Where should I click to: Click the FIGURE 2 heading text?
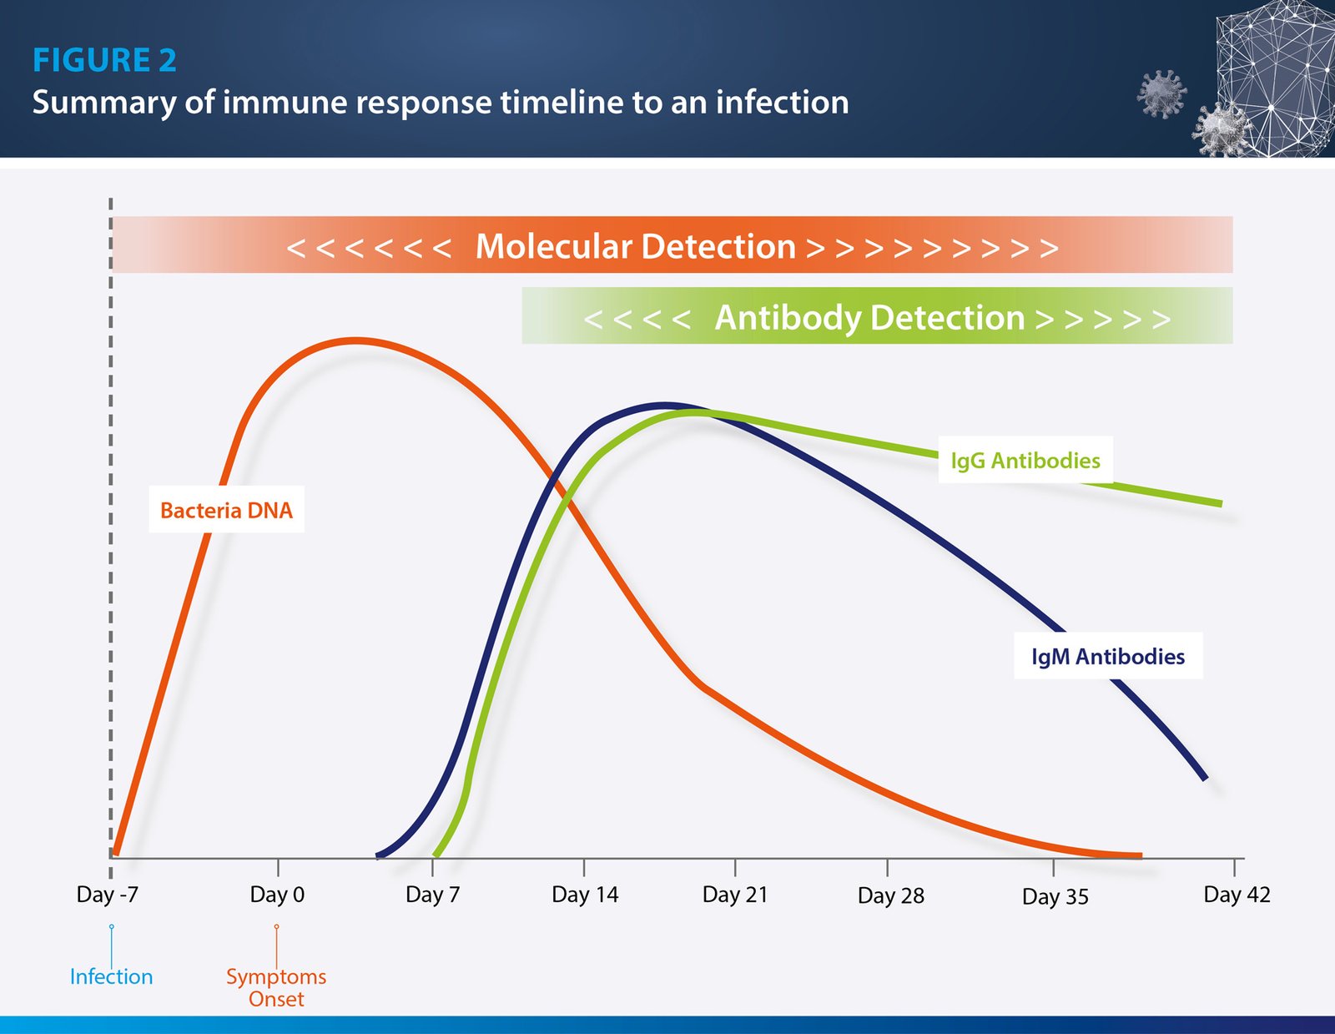coord(104,60)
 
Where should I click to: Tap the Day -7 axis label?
coord(108,895)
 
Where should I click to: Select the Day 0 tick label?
coord(277,895)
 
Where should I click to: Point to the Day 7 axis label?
coord(432,895)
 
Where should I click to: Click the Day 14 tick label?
coord(585,895)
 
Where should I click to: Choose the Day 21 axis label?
coord(734,895)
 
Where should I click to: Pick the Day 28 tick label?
coord(890,895)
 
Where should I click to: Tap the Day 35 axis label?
coord(1055,896)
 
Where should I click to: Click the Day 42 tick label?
coord(1236,895)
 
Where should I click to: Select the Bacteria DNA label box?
coord(226,510)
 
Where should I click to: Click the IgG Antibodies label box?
coord(1025,460)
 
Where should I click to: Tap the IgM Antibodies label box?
coord(1107,656)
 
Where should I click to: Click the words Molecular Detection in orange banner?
coord(635,246)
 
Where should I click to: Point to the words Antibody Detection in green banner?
coord(869,317)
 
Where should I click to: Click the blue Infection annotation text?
coord(111,976)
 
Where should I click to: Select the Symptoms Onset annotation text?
coord(276,987)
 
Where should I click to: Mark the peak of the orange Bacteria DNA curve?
coord(356,340)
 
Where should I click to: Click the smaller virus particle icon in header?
coord(1161,93)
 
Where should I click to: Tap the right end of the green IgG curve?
coord(1220,503)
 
